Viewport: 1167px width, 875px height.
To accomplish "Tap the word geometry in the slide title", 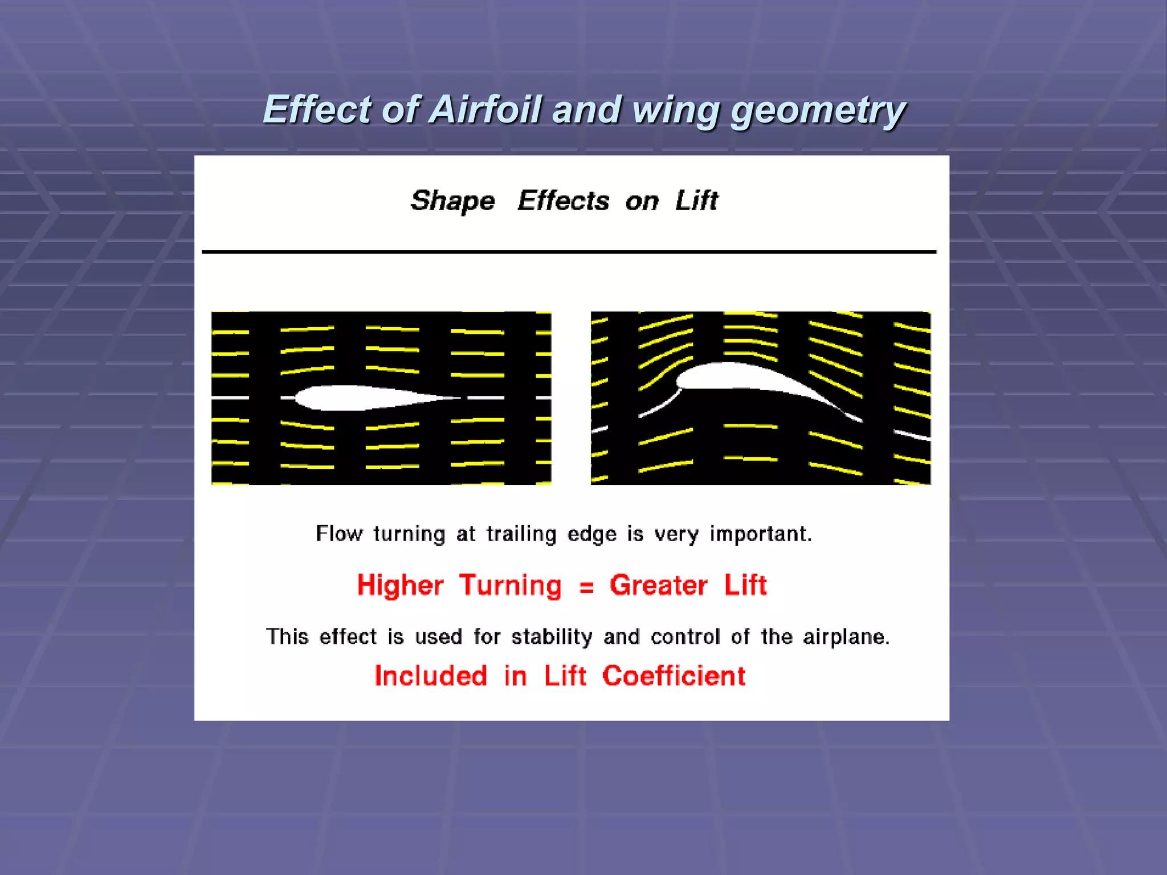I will click(818, 110).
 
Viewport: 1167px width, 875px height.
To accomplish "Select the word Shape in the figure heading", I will click(452, 201).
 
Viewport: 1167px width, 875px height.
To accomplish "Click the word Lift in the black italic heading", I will click(696, 201).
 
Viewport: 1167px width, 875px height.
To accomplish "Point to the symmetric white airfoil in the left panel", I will click(365, 398).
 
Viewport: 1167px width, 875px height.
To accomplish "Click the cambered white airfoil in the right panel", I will click(741, 379).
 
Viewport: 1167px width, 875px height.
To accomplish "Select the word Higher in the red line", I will click(400, 585).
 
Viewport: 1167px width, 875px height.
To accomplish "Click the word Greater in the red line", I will click(658, 585).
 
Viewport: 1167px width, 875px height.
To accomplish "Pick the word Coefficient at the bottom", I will click(674, 676).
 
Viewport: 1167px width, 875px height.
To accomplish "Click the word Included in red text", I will click(431, 676).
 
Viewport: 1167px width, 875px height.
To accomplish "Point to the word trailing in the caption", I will click(521, 534).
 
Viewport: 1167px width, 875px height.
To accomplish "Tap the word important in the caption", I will click(760, 534).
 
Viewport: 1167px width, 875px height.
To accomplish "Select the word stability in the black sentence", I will click(552, 637).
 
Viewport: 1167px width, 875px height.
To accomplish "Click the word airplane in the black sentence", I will click(846, 637).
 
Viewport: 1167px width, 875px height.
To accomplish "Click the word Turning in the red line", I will click(511, 586).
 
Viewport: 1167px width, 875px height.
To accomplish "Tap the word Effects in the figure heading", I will click(564, 201).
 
